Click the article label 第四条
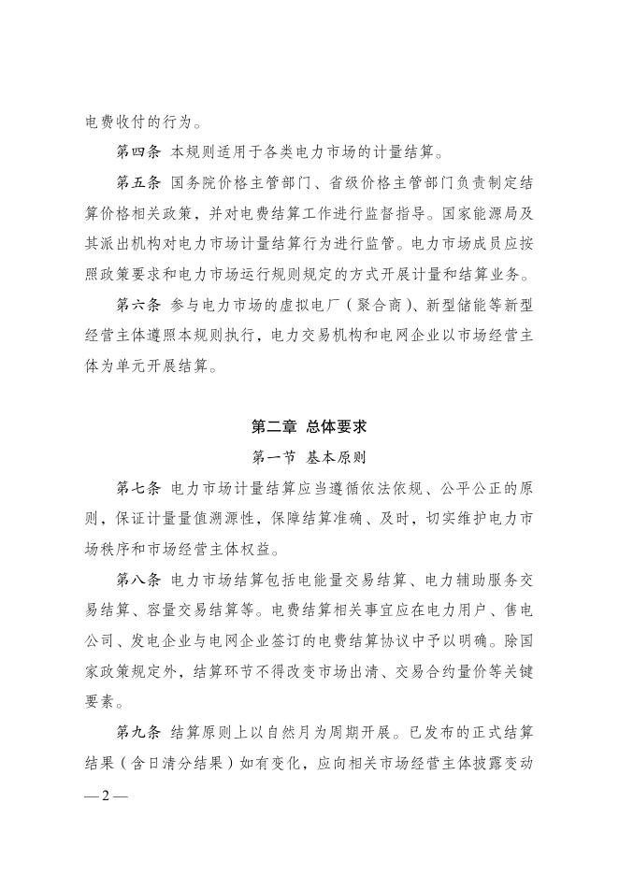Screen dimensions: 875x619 point(136,151)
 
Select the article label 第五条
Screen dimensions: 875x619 point(136,182)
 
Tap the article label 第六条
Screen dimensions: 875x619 point(136,304)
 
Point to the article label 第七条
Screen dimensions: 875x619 point(136,488)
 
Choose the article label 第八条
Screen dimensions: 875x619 point(136,580)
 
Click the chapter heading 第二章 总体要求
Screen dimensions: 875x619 point(309,427)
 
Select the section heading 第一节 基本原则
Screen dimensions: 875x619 point(309,458)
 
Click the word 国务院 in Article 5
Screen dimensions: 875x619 point(193,182)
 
